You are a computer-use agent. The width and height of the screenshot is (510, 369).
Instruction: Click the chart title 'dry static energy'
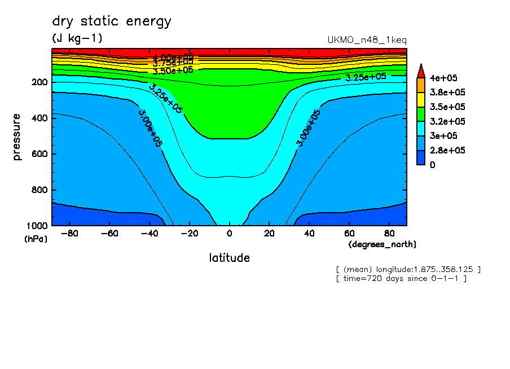(x=112, y=22)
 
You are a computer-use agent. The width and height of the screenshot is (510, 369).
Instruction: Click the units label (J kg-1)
(x=77, y=38)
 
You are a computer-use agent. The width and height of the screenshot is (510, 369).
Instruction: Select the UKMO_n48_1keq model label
(x=367, y=40)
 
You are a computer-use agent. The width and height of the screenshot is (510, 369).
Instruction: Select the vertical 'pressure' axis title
(x=17, y=137)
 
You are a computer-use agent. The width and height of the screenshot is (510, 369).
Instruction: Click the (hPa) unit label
(x=36, y=239)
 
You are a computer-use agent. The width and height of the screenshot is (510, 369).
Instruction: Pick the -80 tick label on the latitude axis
(x=68, y=234)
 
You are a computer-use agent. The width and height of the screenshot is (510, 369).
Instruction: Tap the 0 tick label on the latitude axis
(x=229, y=234)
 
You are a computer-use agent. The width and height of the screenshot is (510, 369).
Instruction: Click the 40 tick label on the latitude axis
(x=309, y=234)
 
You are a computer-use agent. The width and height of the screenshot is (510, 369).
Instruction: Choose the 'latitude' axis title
(x=229, y=258)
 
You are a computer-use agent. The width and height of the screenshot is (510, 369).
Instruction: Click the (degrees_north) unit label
(x=383, y=244)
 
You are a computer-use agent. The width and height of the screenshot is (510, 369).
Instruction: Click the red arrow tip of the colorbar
(x=420, y=70)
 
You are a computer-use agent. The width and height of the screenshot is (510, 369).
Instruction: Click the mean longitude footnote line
(x=408, y=270)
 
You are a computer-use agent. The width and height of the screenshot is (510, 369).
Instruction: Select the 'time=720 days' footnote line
(x=401, y=279)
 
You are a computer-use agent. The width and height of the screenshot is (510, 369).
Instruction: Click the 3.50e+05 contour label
(x=173, y=71)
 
